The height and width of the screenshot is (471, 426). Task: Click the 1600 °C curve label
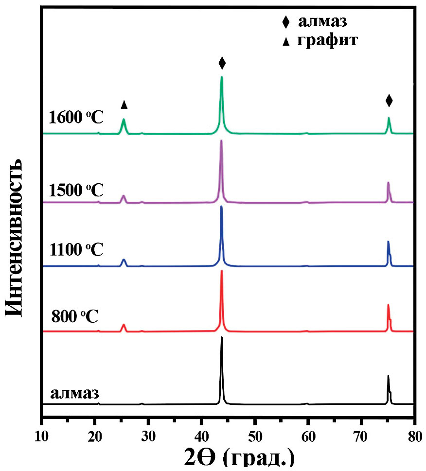coord(76,118)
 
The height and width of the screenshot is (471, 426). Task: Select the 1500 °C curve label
coord(76,190)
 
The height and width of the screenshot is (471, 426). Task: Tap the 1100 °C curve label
coord(76,250)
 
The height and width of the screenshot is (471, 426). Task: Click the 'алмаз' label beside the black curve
coord(74,392)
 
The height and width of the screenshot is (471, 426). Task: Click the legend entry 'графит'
coord(327,40)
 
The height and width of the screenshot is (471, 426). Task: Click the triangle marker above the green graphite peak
coord(124,105)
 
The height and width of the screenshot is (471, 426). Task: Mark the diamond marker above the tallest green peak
coord(222,63)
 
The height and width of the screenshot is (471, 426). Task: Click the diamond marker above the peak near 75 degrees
coord(389,101)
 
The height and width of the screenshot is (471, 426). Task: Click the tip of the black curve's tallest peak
coord(222,337)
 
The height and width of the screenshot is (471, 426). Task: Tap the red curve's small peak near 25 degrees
coord(124,325)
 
